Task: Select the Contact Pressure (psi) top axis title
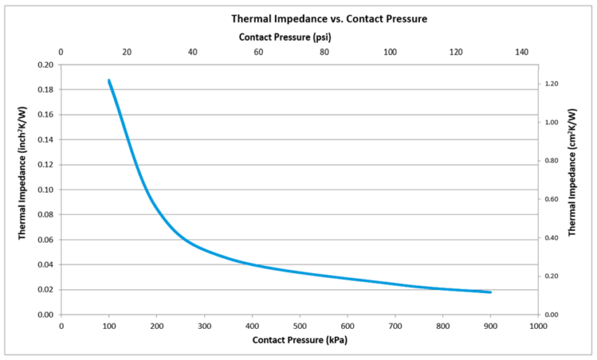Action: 285,37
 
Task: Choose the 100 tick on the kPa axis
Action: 109,325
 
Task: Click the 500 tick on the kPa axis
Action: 299,325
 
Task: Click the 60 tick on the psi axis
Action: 258,52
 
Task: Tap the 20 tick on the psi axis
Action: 127,52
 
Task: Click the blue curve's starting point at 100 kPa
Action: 109,80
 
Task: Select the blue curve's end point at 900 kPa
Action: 491,292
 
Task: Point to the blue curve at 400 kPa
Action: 252,264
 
